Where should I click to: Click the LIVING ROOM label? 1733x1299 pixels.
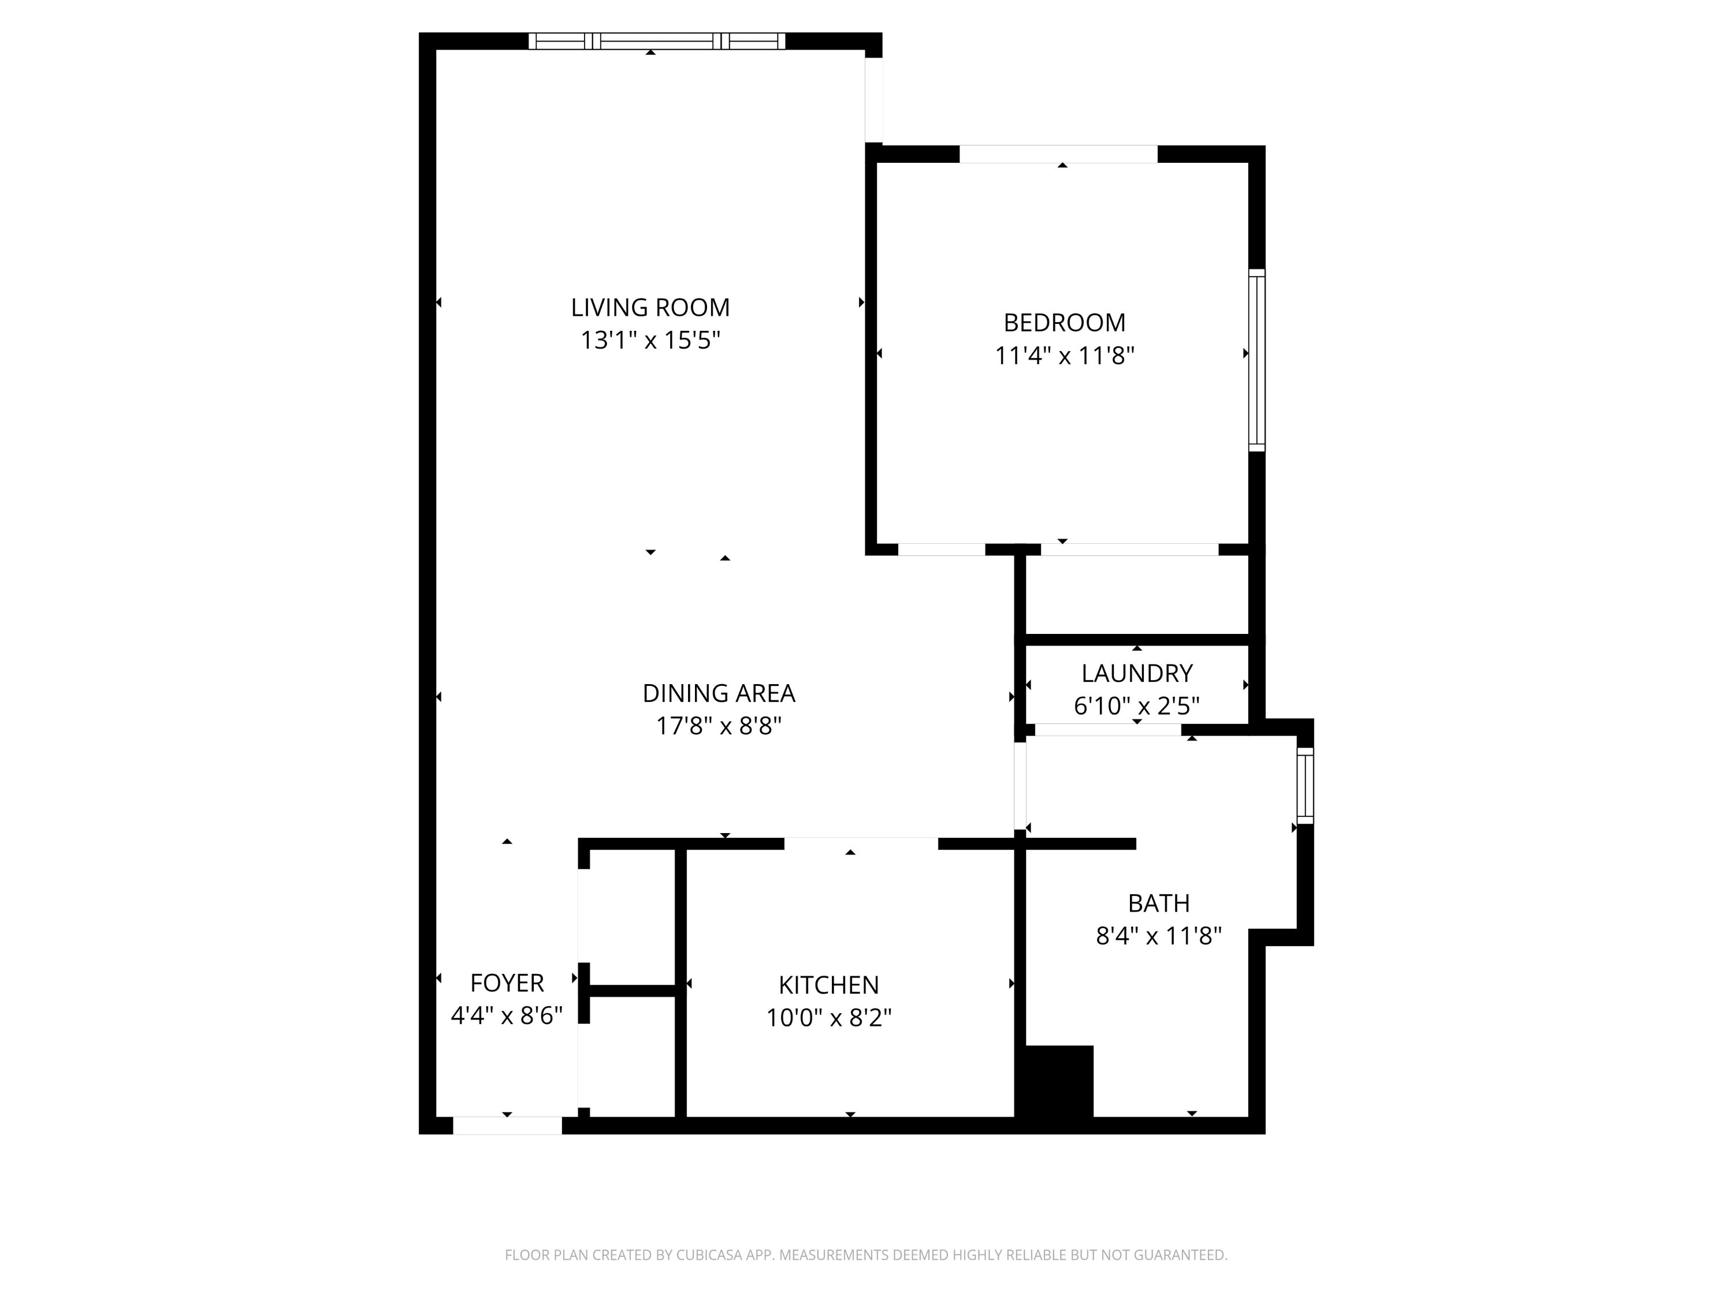[x=650, y=308]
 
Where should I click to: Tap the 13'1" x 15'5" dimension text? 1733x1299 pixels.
[x=650, y=341]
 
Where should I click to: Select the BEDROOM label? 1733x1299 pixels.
[x=1065, y=323]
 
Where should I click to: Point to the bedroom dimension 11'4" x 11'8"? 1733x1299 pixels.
[x=1065, y=356]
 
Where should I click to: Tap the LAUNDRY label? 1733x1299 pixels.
[x=1137, y=673]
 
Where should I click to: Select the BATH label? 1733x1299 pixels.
[x=1159, y=904]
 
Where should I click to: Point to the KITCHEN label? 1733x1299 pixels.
[x=829, y=985]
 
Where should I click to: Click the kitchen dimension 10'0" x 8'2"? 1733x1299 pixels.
[x=829, y=1018]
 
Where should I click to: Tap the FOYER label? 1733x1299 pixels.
[x=507, y=983]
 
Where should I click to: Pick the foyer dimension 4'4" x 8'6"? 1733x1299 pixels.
[x=507, y=1016]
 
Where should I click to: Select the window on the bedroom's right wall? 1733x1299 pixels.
[x=1256, y=360]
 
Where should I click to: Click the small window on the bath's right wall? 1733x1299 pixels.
[x=1305, y=785]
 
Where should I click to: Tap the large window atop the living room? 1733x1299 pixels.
[x=657, y=41]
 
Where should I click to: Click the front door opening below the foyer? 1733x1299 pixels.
[x=508, y=1125]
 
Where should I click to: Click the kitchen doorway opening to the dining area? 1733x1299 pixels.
[x=861, y=843]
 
